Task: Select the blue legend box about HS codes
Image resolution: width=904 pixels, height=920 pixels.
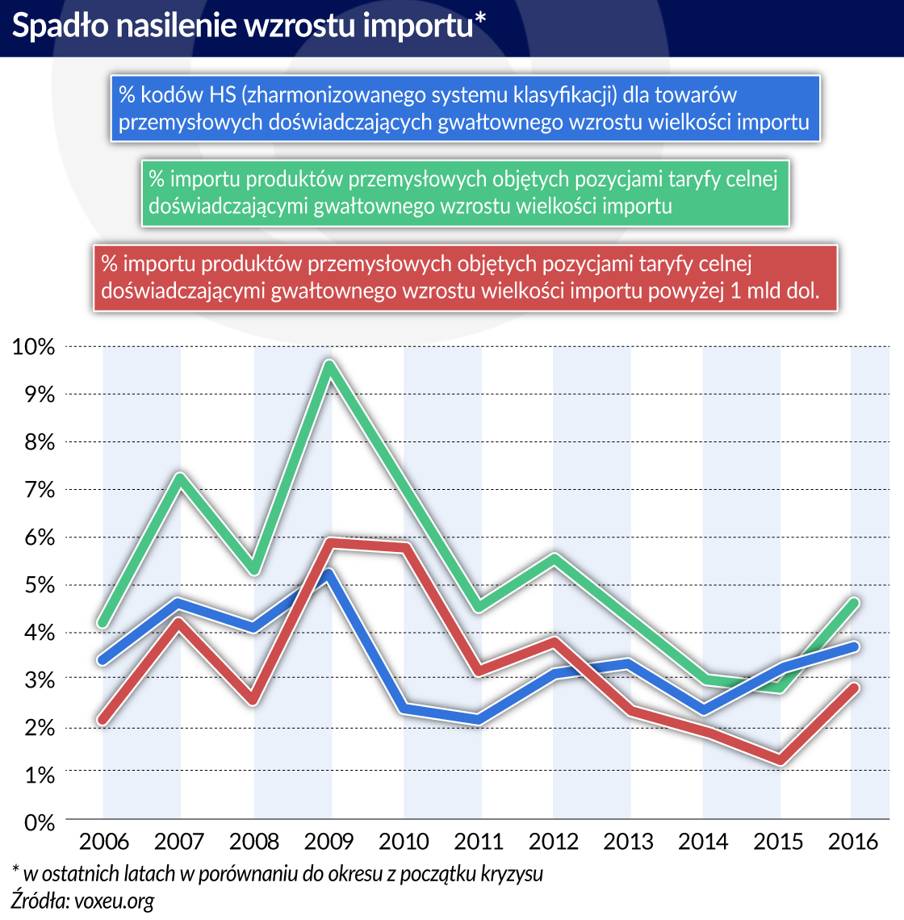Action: pyautogui.click(x=464, y=109)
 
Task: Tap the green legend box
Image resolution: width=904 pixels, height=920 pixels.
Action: pyautogui.click(x=464, y=192)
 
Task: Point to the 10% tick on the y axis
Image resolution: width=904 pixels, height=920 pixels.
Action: pyautogui.click(x=33, y=347)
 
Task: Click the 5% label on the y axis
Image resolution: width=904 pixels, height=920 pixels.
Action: pyautogui.click(x=37, y=585)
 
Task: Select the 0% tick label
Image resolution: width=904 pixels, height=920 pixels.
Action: pyautogui.click(x=37, y=822)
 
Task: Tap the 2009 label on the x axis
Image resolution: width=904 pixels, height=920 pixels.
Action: pyautogui.click(x=329, y=842)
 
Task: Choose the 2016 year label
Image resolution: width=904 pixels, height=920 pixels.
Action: pyautogui.click(x=853, y=842)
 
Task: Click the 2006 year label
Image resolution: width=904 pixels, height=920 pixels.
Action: pyautogui.click(x=104, y=842)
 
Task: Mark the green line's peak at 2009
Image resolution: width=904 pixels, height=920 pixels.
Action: pyautogui.click(x=329, y=365)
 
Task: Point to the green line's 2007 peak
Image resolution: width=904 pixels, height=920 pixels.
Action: pyautogui.click(x=179, y=477)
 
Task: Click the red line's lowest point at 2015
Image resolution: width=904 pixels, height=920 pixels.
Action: pyautogui.click(x=779, y=759)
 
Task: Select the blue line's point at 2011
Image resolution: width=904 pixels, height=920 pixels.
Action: pyautogui.click(x=479, y=718)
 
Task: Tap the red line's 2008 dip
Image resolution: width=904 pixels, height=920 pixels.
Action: pyautogui.click(x=254, y=699)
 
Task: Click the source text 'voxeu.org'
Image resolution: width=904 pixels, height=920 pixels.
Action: pyautogui.click(x=114, y=900)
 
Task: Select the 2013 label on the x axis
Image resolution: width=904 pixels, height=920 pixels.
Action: pyautogui.click(x=629, y=842)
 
